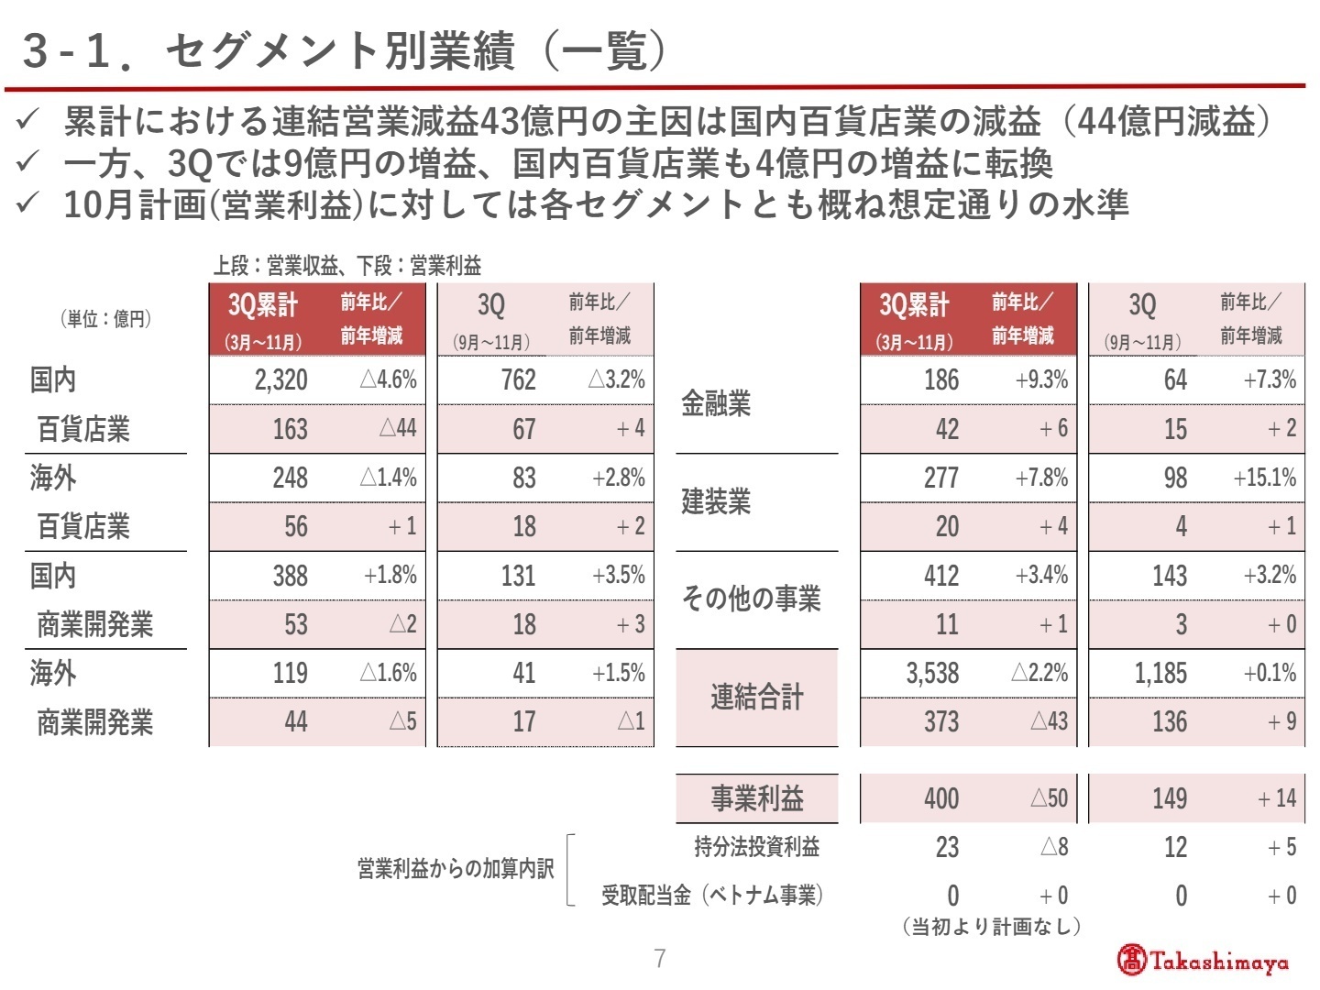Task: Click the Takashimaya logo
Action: pos(1202,960)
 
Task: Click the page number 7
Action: pos(660,959)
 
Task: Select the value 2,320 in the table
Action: pos(280,380)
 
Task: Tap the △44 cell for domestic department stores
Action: pos(398,429)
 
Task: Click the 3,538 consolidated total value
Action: pos(932,674)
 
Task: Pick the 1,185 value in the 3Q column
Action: pos(1160,674)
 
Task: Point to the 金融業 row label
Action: pos(716,403)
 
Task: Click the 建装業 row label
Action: pos(716,501)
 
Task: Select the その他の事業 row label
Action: pos(751,599)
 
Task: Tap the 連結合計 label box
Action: pos(756,698)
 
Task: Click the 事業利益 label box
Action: pos(756,798)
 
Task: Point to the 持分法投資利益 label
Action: pos(756,847)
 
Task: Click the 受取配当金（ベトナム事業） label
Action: pos(712,896)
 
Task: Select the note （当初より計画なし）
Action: pos(991,927)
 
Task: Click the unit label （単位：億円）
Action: pos(105,319)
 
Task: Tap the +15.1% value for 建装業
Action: pos(1264,478)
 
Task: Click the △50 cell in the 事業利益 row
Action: pos(1049,798)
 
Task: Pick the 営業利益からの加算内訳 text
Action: pos(456,869)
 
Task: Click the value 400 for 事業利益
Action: pos(941,798)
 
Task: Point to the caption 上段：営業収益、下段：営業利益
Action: pos(347,266)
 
